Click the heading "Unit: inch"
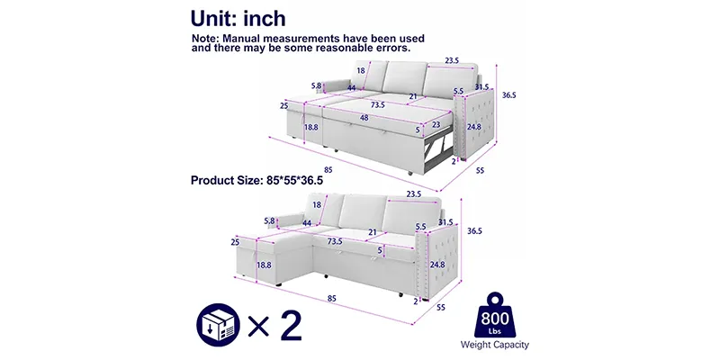click(238, 18)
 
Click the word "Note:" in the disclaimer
click(205, 39)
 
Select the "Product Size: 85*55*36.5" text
click(256, 180)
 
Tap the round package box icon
click(218, 325)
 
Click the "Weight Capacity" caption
click(494, 345)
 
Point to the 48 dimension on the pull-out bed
click(364, 118)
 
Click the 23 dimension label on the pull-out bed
click(436, 124)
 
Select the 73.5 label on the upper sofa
click(377, 104)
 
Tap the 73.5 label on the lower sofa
click(335, 241)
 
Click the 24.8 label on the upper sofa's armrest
click(474, 127)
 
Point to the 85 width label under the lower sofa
click(331, 299)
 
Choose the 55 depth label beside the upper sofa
click(480, 170)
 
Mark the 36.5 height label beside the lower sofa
click(474, 231)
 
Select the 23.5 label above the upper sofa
click(452, 60)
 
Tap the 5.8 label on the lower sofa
click(269, 220)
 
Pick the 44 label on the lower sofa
click(307, 223)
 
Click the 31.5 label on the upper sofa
click(481, 86)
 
